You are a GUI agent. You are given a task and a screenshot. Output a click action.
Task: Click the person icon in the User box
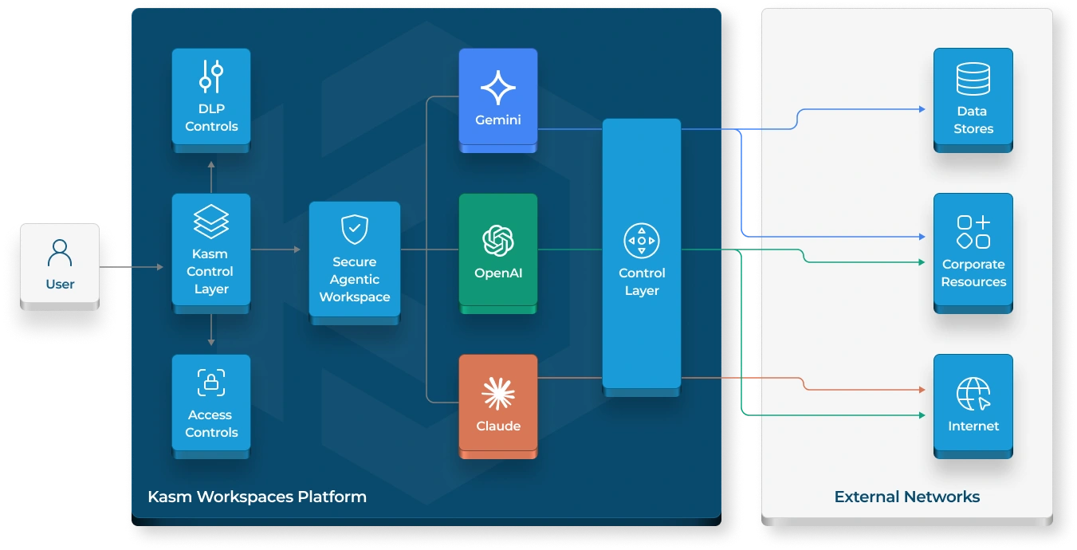(60, 253)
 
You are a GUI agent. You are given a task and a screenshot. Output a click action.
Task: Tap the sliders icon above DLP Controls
(211, 77)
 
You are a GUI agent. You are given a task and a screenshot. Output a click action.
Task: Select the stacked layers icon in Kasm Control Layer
(211, 222)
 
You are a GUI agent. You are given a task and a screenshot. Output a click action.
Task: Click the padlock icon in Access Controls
(211, 383)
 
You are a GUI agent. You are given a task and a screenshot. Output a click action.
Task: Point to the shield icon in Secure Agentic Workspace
(355, 230)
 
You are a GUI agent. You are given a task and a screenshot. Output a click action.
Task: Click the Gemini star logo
(498, 88)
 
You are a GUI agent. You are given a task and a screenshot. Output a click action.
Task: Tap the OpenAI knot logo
(498, 241)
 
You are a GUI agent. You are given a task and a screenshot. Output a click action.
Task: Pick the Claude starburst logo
(498, 394)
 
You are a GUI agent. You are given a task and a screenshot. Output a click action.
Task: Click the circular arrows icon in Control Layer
(642, 241)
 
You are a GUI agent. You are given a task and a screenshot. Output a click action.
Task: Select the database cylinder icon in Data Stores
(973, 79)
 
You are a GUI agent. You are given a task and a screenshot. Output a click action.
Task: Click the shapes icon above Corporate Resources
(973, 232)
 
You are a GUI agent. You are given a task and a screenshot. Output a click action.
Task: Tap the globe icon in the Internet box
(973, 394)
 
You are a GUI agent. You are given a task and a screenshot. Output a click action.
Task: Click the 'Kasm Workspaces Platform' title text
(257, 497)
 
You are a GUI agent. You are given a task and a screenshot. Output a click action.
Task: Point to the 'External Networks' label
(906, 497)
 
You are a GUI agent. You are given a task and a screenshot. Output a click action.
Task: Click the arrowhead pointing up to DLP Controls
(211, 165)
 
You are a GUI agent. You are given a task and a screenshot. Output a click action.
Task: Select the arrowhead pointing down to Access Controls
(211, 342)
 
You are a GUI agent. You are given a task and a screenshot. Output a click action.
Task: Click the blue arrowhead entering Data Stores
(922, 109)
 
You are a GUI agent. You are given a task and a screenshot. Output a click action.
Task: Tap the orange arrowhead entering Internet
(922, 390)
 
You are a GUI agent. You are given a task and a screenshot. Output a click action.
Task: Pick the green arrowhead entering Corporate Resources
(922, 262)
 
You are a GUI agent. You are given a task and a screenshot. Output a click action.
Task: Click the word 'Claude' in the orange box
(498, 426)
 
